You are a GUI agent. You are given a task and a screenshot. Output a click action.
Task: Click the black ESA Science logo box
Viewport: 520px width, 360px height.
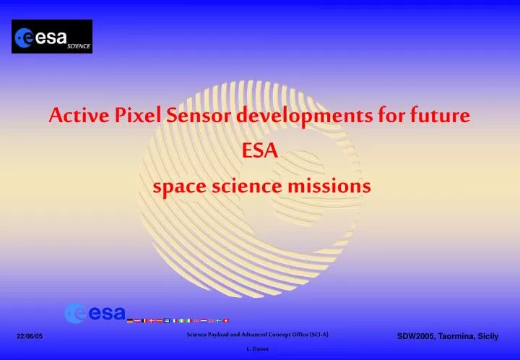click(52, 37)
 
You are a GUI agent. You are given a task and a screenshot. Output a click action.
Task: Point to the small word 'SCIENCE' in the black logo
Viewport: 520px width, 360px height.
click(79, 46)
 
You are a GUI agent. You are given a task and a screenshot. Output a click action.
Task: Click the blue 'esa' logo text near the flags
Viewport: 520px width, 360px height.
click(107, 313)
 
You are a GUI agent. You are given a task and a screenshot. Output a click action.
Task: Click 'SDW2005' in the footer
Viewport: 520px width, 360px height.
click(418, 336)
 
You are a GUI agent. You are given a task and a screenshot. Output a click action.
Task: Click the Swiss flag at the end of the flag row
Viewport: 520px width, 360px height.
click(226, 320)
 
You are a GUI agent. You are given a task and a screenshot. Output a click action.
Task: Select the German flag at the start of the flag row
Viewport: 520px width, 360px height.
click(129, 320)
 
